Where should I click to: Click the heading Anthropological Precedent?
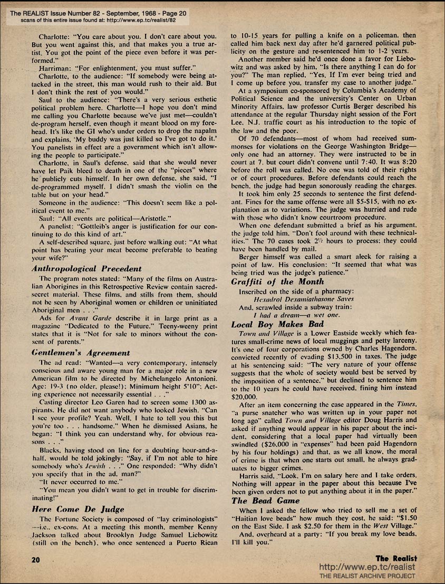pyautogui.click(x=83, y=268)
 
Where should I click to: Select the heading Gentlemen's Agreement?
pyautogui.click(x=81, y=352)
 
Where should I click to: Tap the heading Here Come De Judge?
pyautogui.click(x=78, y=509)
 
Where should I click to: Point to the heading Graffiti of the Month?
pyautogui.click(x=277, y=281)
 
